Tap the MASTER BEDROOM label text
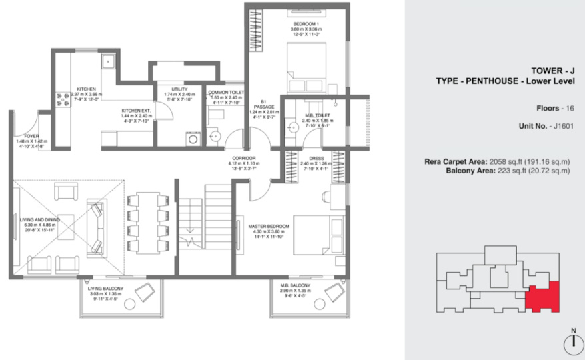(266, 225)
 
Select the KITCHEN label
(87, 89)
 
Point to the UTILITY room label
(179, 89)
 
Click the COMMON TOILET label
(226, 93)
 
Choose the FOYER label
(24, 135)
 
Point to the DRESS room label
(311, 157)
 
